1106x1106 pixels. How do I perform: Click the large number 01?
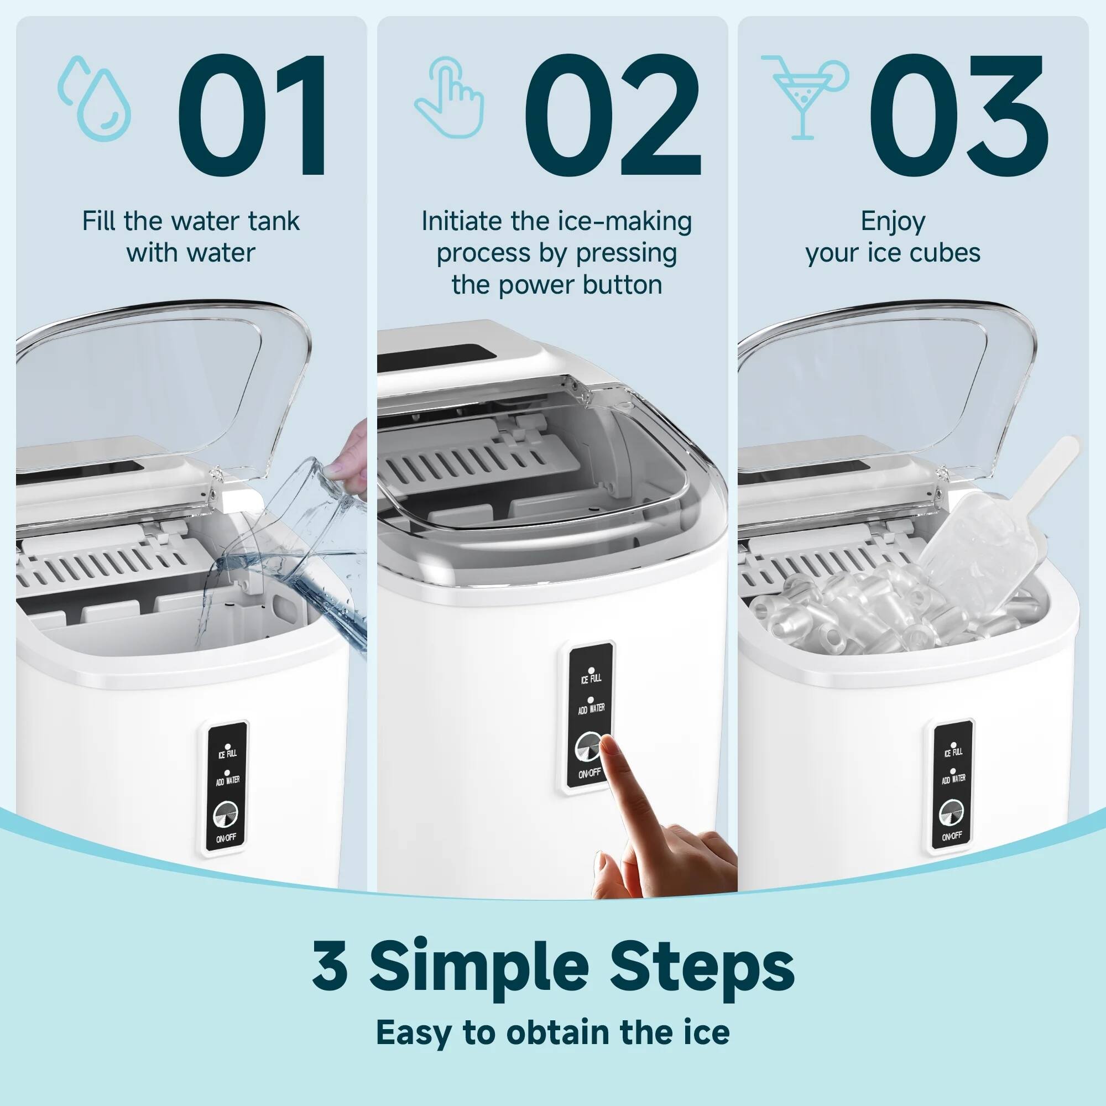point(252,114)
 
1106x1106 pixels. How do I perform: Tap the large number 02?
point(612,114)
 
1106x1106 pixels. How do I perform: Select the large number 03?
point(958,114)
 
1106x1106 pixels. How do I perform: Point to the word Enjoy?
point(893,221)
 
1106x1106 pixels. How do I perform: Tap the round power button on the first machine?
point(225,815)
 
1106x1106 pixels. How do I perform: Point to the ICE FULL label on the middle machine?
point(591,679)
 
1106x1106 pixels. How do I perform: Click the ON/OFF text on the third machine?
point(952,836)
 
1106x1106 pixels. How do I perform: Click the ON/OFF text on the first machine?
point(226,838)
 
